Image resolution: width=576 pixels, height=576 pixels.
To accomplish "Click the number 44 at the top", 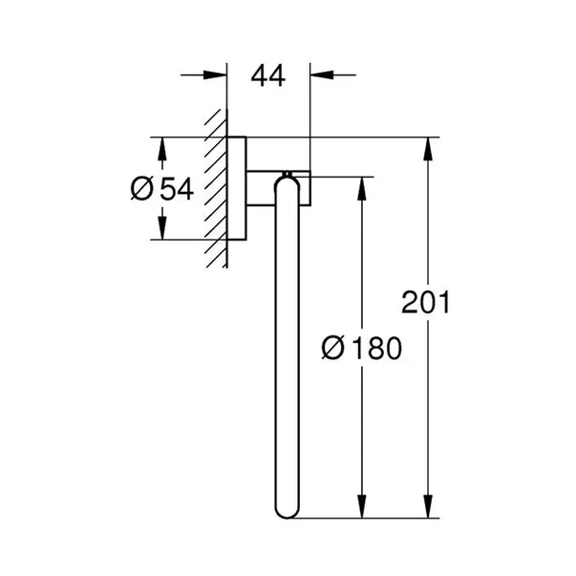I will click(x=269, y=76).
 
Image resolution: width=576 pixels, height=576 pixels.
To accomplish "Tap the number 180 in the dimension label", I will click(x=372, y=348).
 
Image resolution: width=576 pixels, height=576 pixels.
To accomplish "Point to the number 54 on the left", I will click(x=176, y=189).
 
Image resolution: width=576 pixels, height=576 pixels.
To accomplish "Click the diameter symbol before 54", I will click(x=140, y=189).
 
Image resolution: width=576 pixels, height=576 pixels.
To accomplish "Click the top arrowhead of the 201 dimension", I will click(x=426, y=149).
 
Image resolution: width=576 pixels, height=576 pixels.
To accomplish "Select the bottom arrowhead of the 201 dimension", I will click(x=426, y=509).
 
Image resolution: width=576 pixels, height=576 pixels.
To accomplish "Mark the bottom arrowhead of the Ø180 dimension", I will click(x=360, y=509).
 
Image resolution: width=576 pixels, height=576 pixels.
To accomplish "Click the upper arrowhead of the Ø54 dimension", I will click(x=161, y=149).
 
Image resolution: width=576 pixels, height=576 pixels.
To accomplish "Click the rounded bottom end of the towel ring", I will click(x=287, y=512).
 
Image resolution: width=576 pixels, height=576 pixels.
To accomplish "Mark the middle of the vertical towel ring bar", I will click(x=287, y=349).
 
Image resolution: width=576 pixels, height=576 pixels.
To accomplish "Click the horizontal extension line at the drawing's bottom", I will click(x=363, y=521).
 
